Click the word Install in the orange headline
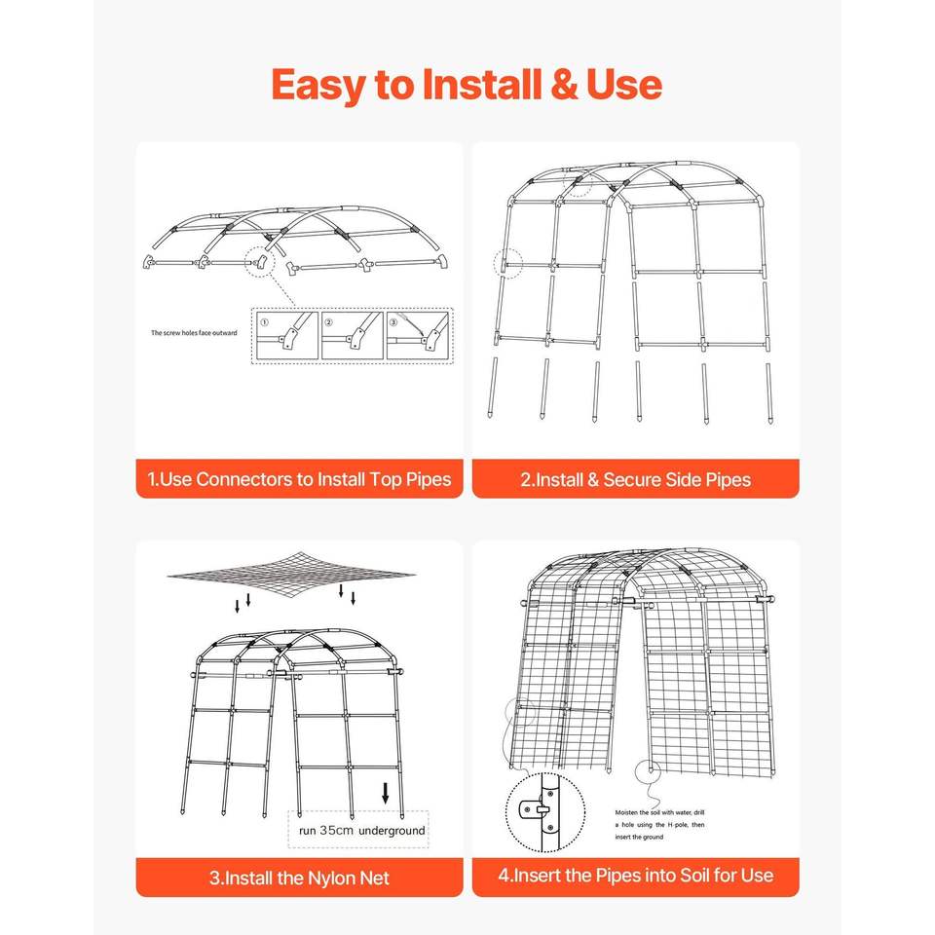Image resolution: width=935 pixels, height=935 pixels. tap(482, 84)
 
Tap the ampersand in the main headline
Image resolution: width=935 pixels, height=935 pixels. tap(564, 85)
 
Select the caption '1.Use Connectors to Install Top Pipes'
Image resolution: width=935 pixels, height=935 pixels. tap(299, 479)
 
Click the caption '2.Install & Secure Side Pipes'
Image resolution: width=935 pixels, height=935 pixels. tap(636, 480)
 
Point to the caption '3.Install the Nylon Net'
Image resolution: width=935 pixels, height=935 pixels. tap(299, 878)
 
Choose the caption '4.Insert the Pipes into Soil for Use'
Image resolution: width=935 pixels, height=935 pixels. tap(636, 876)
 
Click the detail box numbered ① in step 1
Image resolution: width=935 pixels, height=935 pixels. tap(286, 336)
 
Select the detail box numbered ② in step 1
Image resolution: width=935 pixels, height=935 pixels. tap(352, 336)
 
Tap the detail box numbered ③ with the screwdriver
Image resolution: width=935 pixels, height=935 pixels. tap(418, 336)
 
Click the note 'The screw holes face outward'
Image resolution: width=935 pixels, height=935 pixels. tap(194, 333)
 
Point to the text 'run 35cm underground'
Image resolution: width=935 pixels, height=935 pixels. tap(362, 830)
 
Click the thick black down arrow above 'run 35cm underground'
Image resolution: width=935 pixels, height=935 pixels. tap(386, 793)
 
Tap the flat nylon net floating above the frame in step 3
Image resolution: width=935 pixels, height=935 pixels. tap(291, 576)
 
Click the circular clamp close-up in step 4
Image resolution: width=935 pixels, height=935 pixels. tap(545, 812)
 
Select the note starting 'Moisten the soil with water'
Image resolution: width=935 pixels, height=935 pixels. tap(659, 825)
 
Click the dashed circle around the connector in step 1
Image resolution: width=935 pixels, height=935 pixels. tap(259, 261)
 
